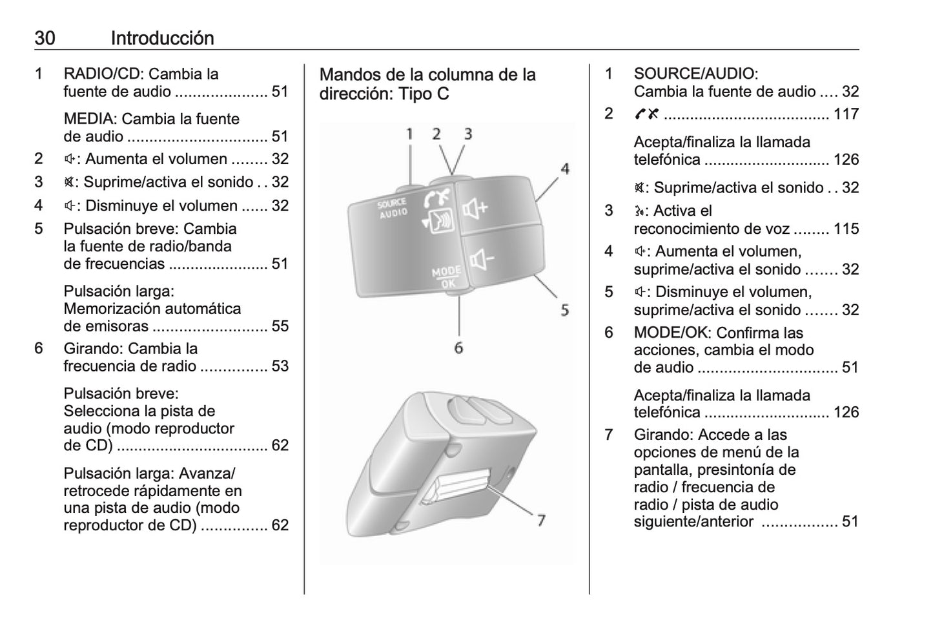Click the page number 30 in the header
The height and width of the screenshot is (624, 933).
pyautogui.click(x=45, y=38)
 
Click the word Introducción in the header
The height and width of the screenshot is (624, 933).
pyautogui.click(x=162, y=38)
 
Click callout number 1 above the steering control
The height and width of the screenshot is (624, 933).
pyautogui.click(x=409, y=134)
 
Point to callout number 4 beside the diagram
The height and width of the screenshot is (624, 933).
pyautogui.click(x=565, y=169)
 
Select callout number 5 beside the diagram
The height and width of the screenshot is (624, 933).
pyautogui.click(x=565, y=310)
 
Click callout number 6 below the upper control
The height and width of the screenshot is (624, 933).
pyautogui.click(x=458, y=348)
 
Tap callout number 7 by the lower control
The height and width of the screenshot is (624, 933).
pyautogui.click(x=540, y=519)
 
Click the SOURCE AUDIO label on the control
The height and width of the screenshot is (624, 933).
pyautogui.click(x=393, y=208)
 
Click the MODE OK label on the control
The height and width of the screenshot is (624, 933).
pyautogui.click(x=446, y=276)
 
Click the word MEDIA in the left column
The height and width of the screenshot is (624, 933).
pyautogui.click(x=90, y=119)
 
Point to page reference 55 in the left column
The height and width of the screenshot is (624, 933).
pyautogui.click(x=280, y=326)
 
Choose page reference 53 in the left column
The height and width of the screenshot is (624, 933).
pyautogui.click(x=280, y=366)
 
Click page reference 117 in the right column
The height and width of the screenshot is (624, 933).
pyautogui.click(x=846, y=114)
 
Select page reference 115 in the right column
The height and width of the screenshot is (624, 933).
pyautogui.click(x=846, y=229)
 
